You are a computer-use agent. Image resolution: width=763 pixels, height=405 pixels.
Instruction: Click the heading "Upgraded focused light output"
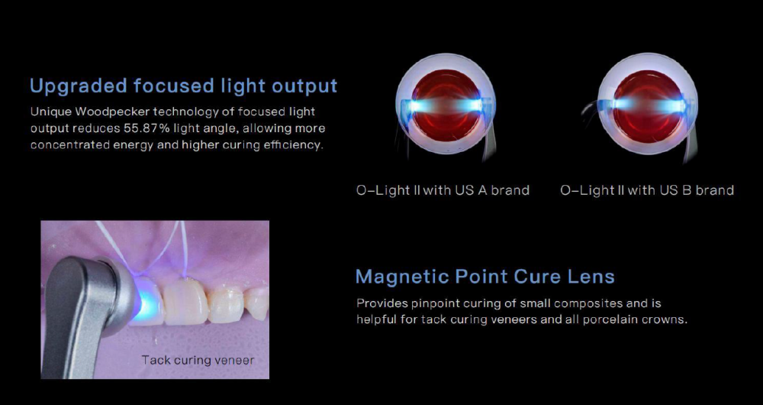pos(183,86)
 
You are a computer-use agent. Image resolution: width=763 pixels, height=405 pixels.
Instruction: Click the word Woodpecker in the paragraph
pos(112,112)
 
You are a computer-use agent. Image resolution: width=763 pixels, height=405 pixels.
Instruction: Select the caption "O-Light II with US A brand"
pos(443,190)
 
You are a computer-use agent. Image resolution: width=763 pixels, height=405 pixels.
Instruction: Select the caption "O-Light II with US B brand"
pos(647,190)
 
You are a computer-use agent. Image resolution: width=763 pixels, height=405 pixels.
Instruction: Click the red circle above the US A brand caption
pos(446,105)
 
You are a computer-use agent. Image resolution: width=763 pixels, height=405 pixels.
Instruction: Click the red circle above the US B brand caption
pos(648,105)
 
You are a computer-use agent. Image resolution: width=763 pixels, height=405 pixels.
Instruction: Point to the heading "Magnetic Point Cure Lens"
pos(485,277)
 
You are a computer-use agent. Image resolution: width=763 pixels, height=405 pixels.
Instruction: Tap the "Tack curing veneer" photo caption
pos(198,360)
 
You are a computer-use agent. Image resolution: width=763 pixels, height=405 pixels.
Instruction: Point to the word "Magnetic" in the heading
pos(402,277)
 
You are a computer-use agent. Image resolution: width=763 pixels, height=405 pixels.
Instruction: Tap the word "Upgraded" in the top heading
pos(79,86)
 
